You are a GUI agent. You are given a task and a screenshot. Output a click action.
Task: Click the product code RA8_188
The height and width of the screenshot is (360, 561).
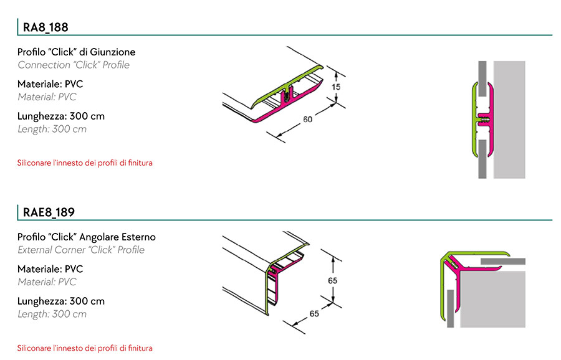pyautogui.click(x=46, y=27)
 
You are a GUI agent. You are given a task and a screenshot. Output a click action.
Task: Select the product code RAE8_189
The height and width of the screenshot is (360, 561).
pyautogui.click(x=49, y=212)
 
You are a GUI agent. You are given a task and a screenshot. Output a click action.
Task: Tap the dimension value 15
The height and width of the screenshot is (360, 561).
pyautogui.click(x=335, y=87)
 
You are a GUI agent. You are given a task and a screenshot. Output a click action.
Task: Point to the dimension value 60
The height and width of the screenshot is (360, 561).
pyautogui.click(x=308, y=119)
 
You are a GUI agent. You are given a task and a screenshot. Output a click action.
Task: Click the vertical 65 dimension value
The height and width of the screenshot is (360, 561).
pyautogui.click(x=333, y=281)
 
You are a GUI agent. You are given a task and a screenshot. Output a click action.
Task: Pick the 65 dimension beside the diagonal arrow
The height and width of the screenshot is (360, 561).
pyautogui.click(x=314, y=313)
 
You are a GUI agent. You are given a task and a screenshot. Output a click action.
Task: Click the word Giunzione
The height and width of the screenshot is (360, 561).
pyautogui.click(x=113, y=52)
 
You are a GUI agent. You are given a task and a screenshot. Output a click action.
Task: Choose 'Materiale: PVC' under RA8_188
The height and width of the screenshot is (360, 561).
pyautogui.click(x=50, y=84)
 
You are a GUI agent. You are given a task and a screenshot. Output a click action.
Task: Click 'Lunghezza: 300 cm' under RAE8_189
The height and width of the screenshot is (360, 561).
pyautogui.click(x=61, y=301)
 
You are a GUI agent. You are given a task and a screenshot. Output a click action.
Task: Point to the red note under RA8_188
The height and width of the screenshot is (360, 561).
pyautogui.click(x=85, y=163)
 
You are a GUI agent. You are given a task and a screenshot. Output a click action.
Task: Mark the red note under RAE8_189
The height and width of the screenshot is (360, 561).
pyautogui.click(x=85, y=348)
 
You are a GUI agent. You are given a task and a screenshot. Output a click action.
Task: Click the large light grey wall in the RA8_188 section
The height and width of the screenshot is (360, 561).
pyautogui.click(x=509, y=120)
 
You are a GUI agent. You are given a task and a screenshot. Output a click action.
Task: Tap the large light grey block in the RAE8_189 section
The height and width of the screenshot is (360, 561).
pyautogui.click(x=492, y=299)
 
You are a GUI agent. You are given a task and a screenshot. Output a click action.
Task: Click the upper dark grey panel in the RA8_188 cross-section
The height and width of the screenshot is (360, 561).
pyautogui.click(x=482, y=78)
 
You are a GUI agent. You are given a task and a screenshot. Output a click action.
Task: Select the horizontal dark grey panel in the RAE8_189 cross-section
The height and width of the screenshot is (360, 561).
pyautogui.click(x=503, y=262)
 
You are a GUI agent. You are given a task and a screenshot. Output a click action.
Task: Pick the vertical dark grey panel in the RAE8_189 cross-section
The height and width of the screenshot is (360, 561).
pyautogui.click(x=451, y=308)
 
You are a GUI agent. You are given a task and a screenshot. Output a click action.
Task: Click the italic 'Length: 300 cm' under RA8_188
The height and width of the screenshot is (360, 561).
pyautogui.click(x=52, y=129)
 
